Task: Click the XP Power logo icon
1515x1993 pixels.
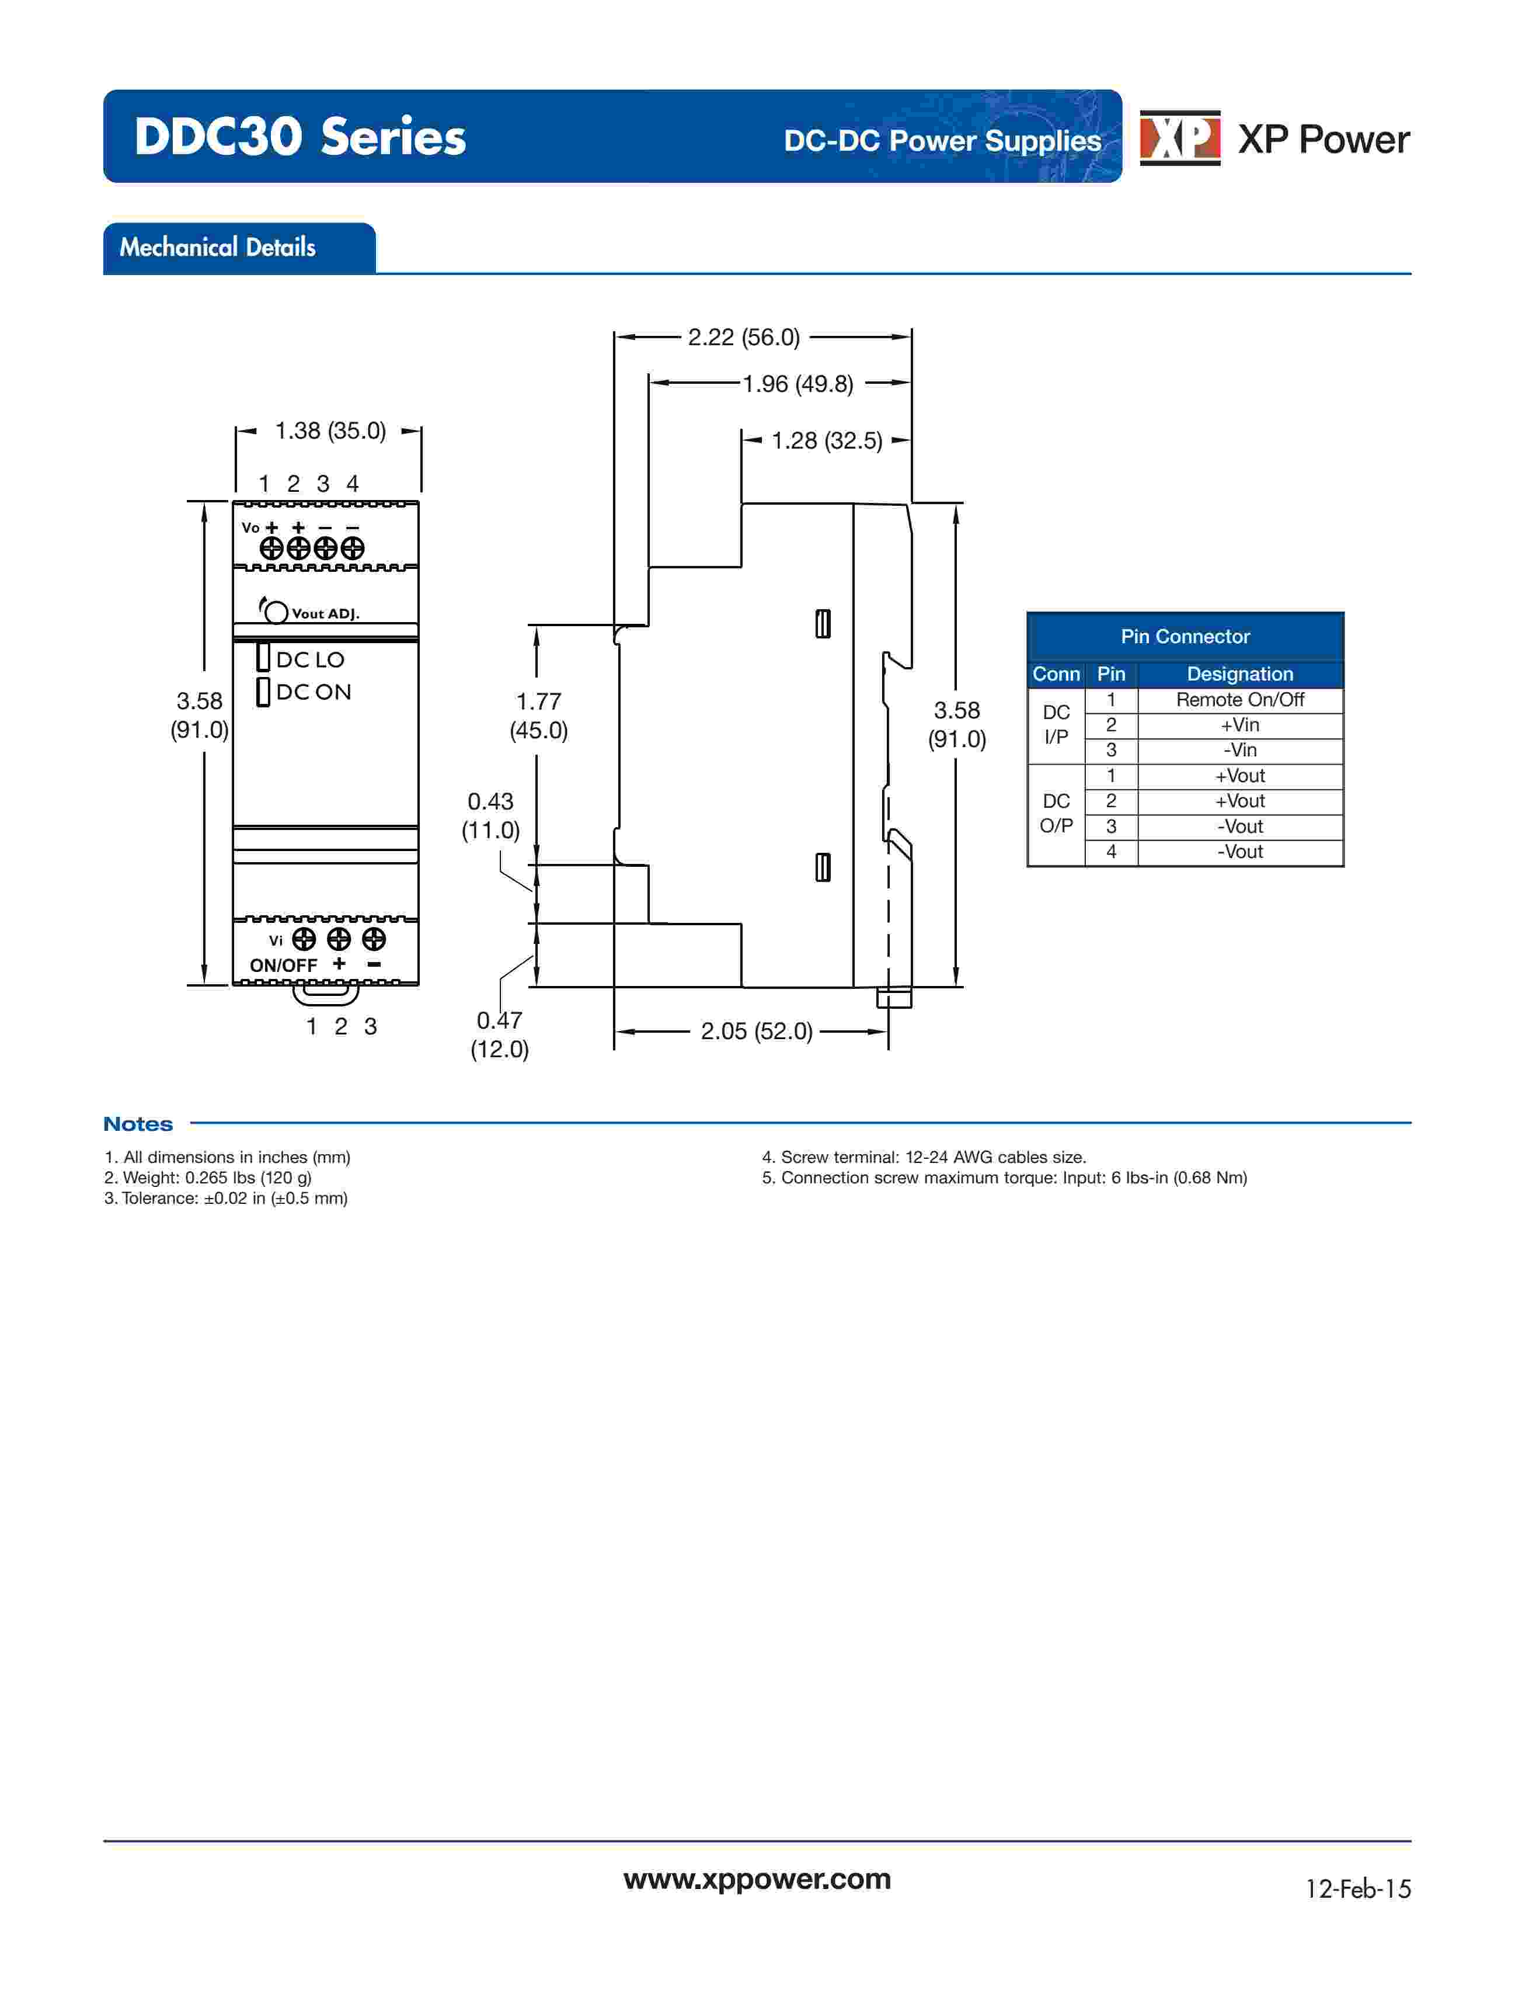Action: tap(1179, 138)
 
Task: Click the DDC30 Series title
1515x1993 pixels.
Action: tap(300, 137)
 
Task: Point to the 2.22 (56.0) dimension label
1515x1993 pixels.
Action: tap(744, 338)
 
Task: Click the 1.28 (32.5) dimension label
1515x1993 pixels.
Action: tap(826, 441)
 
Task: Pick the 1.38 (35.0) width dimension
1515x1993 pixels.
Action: tap(330, 431)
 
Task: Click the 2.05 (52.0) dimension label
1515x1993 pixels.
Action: tap(757, 1031)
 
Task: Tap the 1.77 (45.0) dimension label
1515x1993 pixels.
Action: tap(538, 716)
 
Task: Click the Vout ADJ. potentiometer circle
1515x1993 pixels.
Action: tap(277, 613)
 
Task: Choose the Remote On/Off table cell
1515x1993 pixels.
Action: tap(1240, 700)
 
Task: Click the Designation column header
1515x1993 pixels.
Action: tap(1240, 674)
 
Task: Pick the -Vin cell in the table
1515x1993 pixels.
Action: tap(1240, 751)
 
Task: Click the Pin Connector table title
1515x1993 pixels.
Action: tap(1185, 637)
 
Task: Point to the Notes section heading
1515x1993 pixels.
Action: tap(138, 1124)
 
